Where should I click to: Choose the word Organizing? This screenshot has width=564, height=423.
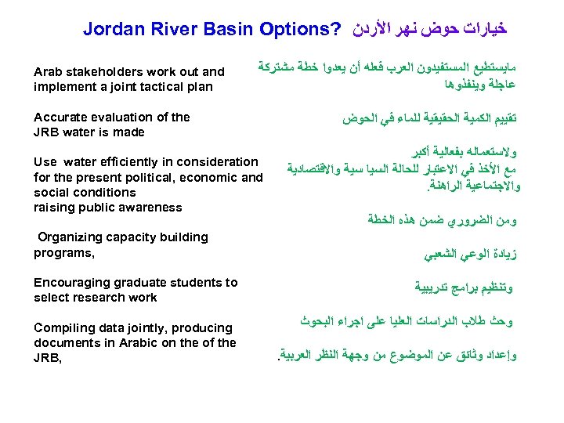(74, 237)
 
